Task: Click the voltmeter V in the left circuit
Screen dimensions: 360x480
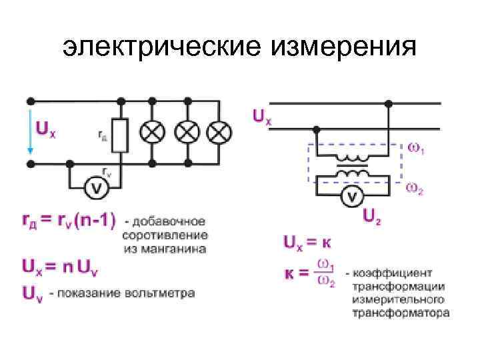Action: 96,189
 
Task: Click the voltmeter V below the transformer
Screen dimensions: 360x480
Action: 352,195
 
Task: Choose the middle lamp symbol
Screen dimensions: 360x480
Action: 186,132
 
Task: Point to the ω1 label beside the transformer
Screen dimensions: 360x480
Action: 416,149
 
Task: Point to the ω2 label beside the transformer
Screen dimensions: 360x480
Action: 416,189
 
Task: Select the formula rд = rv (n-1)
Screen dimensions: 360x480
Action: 68,219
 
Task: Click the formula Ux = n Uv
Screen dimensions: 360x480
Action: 60,268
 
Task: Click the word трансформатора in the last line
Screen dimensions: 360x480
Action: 401,312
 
